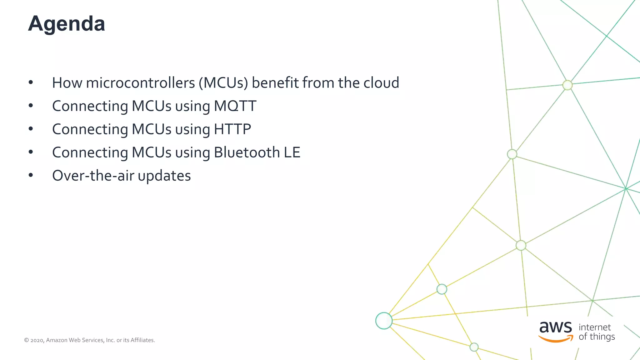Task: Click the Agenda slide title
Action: coord(67,24)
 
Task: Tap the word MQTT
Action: coord(235,106)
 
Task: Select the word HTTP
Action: coord(232,129)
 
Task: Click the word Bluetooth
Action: coord(247,152)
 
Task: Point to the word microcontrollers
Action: coord(140,83)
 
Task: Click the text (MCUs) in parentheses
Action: coord(223,83)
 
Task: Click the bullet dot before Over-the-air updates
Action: coord(31,175)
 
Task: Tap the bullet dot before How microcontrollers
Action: coord(31,82)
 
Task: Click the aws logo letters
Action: coord(556,327)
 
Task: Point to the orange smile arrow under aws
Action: coord(556,339)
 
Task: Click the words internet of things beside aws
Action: coord(596,332)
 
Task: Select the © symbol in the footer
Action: coord(27,340)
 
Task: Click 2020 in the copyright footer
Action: coord(37,340)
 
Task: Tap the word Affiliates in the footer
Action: coord(142,340)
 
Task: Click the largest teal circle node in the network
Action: coord(384,321)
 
